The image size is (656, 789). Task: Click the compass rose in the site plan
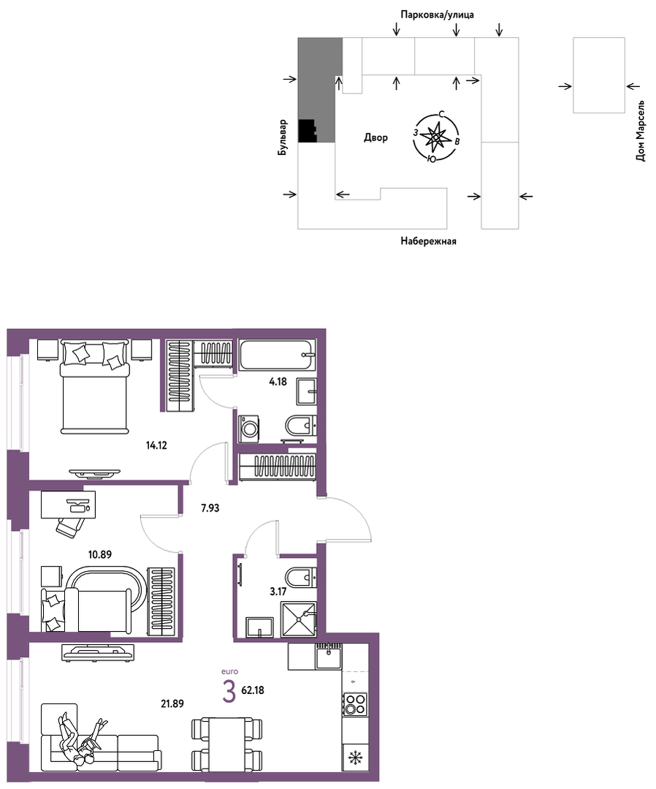pos(435,137)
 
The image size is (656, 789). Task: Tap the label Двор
pos(376,137)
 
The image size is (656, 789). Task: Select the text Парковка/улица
pos(437,15)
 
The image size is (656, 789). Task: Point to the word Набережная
pos(428,241)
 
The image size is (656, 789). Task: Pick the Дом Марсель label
pos(640,131)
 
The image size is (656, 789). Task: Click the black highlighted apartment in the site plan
pos(307,131)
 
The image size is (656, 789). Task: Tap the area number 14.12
pos(156,445)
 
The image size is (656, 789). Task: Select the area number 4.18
pos(278,382)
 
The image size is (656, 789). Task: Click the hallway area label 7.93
pos(210,507)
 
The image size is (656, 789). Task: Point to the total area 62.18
pos(253,690)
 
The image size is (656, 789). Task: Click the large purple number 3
pos(229,692)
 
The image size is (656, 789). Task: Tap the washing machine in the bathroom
pos(249,429)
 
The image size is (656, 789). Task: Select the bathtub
pos(278,355)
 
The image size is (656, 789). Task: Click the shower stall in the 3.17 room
pos(299,619)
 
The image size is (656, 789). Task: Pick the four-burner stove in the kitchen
pos(355,704)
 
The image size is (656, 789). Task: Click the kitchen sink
pos(329,656)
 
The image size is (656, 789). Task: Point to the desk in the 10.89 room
pos(68,505)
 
